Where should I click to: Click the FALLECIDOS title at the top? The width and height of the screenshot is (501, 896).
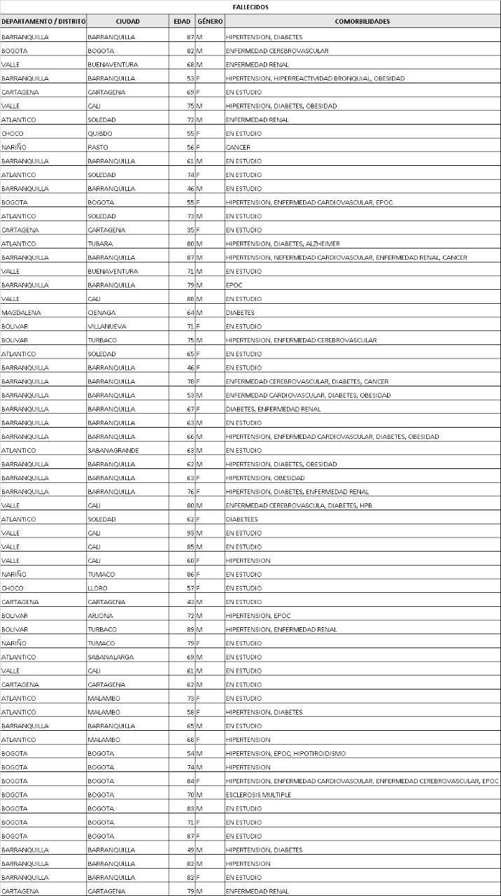pos(250,7)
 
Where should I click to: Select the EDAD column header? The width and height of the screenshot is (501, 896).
pos(182,22)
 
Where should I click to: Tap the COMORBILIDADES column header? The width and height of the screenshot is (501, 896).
pos(362,22)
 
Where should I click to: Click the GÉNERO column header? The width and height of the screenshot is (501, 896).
pos(210,22)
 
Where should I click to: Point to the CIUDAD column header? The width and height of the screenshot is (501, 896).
pos(128,22)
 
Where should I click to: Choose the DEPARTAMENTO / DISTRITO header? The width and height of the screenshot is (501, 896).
pos(43,22)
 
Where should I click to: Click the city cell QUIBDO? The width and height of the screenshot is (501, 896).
pos(100,134)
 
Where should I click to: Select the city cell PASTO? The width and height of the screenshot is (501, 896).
pos(98,148)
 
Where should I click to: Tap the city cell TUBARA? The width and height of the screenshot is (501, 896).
pos(99,244)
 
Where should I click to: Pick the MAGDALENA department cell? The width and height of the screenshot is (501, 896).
pos(20,313)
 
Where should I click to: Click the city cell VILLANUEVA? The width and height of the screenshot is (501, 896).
pos(106,326)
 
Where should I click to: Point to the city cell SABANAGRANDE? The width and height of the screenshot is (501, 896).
pos(113,451)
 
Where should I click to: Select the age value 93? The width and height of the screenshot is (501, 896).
pos(190,533)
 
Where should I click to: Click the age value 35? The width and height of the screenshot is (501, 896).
pos(190,230)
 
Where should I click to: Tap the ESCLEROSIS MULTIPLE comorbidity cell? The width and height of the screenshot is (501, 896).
pos(258,795)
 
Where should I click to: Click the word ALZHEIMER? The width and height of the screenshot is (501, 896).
pos(323,244)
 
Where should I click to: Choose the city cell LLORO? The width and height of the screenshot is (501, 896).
pos(98,589)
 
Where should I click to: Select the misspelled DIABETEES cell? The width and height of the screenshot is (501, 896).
pos(241,519)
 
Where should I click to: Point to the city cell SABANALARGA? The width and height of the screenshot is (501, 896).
pos(111,657)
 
